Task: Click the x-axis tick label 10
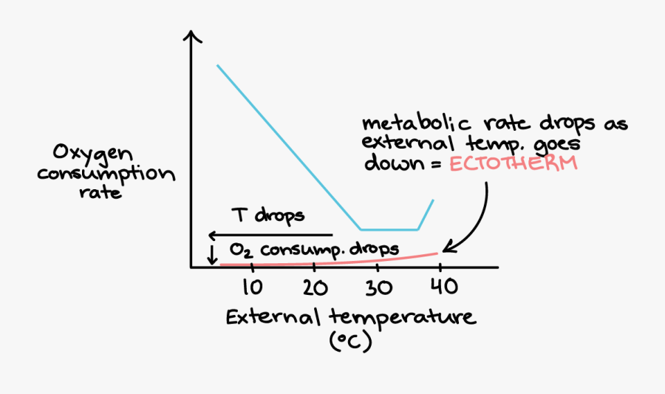pyautogui.click(x=251, y=286)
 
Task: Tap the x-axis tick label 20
pyautogui.click(x=315, y=286)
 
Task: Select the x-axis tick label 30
pyautogui.click(x=377, y=286)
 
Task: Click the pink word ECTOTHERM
pyautogui.click(x=512, y=163)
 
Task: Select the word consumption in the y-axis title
pyautogui.click(x=107, y=176)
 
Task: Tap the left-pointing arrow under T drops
pyautogui.click(x=214, y=236)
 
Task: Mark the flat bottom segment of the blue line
pyautogui.click(x=389, y=229)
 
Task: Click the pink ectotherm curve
pyautogui.click(x=332, y=262)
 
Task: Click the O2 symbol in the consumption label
pyautogui.click(x=236, y=250)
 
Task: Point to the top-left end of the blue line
pyautogui.click(x=217, y=66)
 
